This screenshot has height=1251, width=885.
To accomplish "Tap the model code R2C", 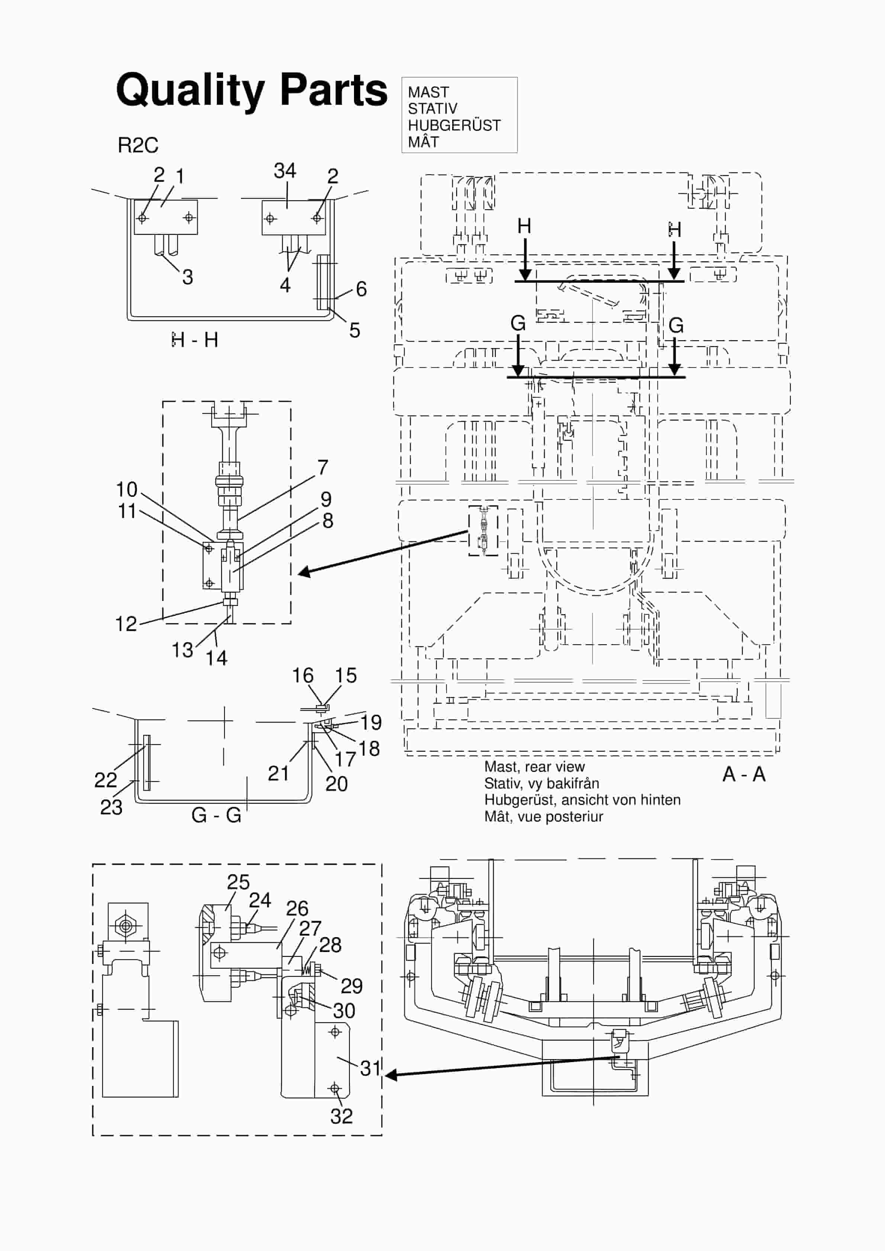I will click(138, 145).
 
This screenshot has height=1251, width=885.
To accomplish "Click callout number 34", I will click(284, 171).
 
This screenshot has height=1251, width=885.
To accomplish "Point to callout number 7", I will click(323, 467).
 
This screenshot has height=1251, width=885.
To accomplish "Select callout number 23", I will click(111, 807).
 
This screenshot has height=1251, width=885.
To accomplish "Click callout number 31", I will click(370, 1068).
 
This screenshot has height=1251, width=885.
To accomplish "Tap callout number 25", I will click(238, 882).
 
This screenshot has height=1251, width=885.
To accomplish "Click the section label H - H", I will click(194, 340).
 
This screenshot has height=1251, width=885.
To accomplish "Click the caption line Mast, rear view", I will click(534, 766).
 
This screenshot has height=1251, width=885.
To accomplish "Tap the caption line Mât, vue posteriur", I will click(543, 817).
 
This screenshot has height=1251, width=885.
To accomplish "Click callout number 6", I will click(361, 289).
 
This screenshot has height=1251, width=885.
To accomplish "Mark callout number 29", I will click(351, 985).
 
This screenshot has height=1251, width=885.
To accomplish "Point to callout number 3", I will click(187, 277).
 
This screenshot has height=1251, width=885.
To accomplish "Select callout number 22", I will click(105, 780).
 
